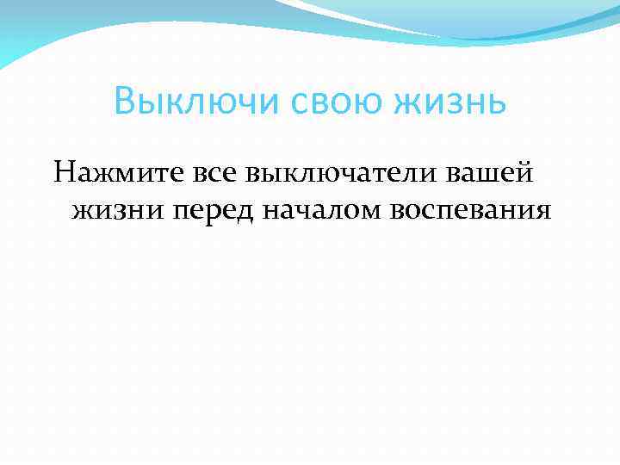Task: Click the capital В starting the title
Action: [x=124, y=104]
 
